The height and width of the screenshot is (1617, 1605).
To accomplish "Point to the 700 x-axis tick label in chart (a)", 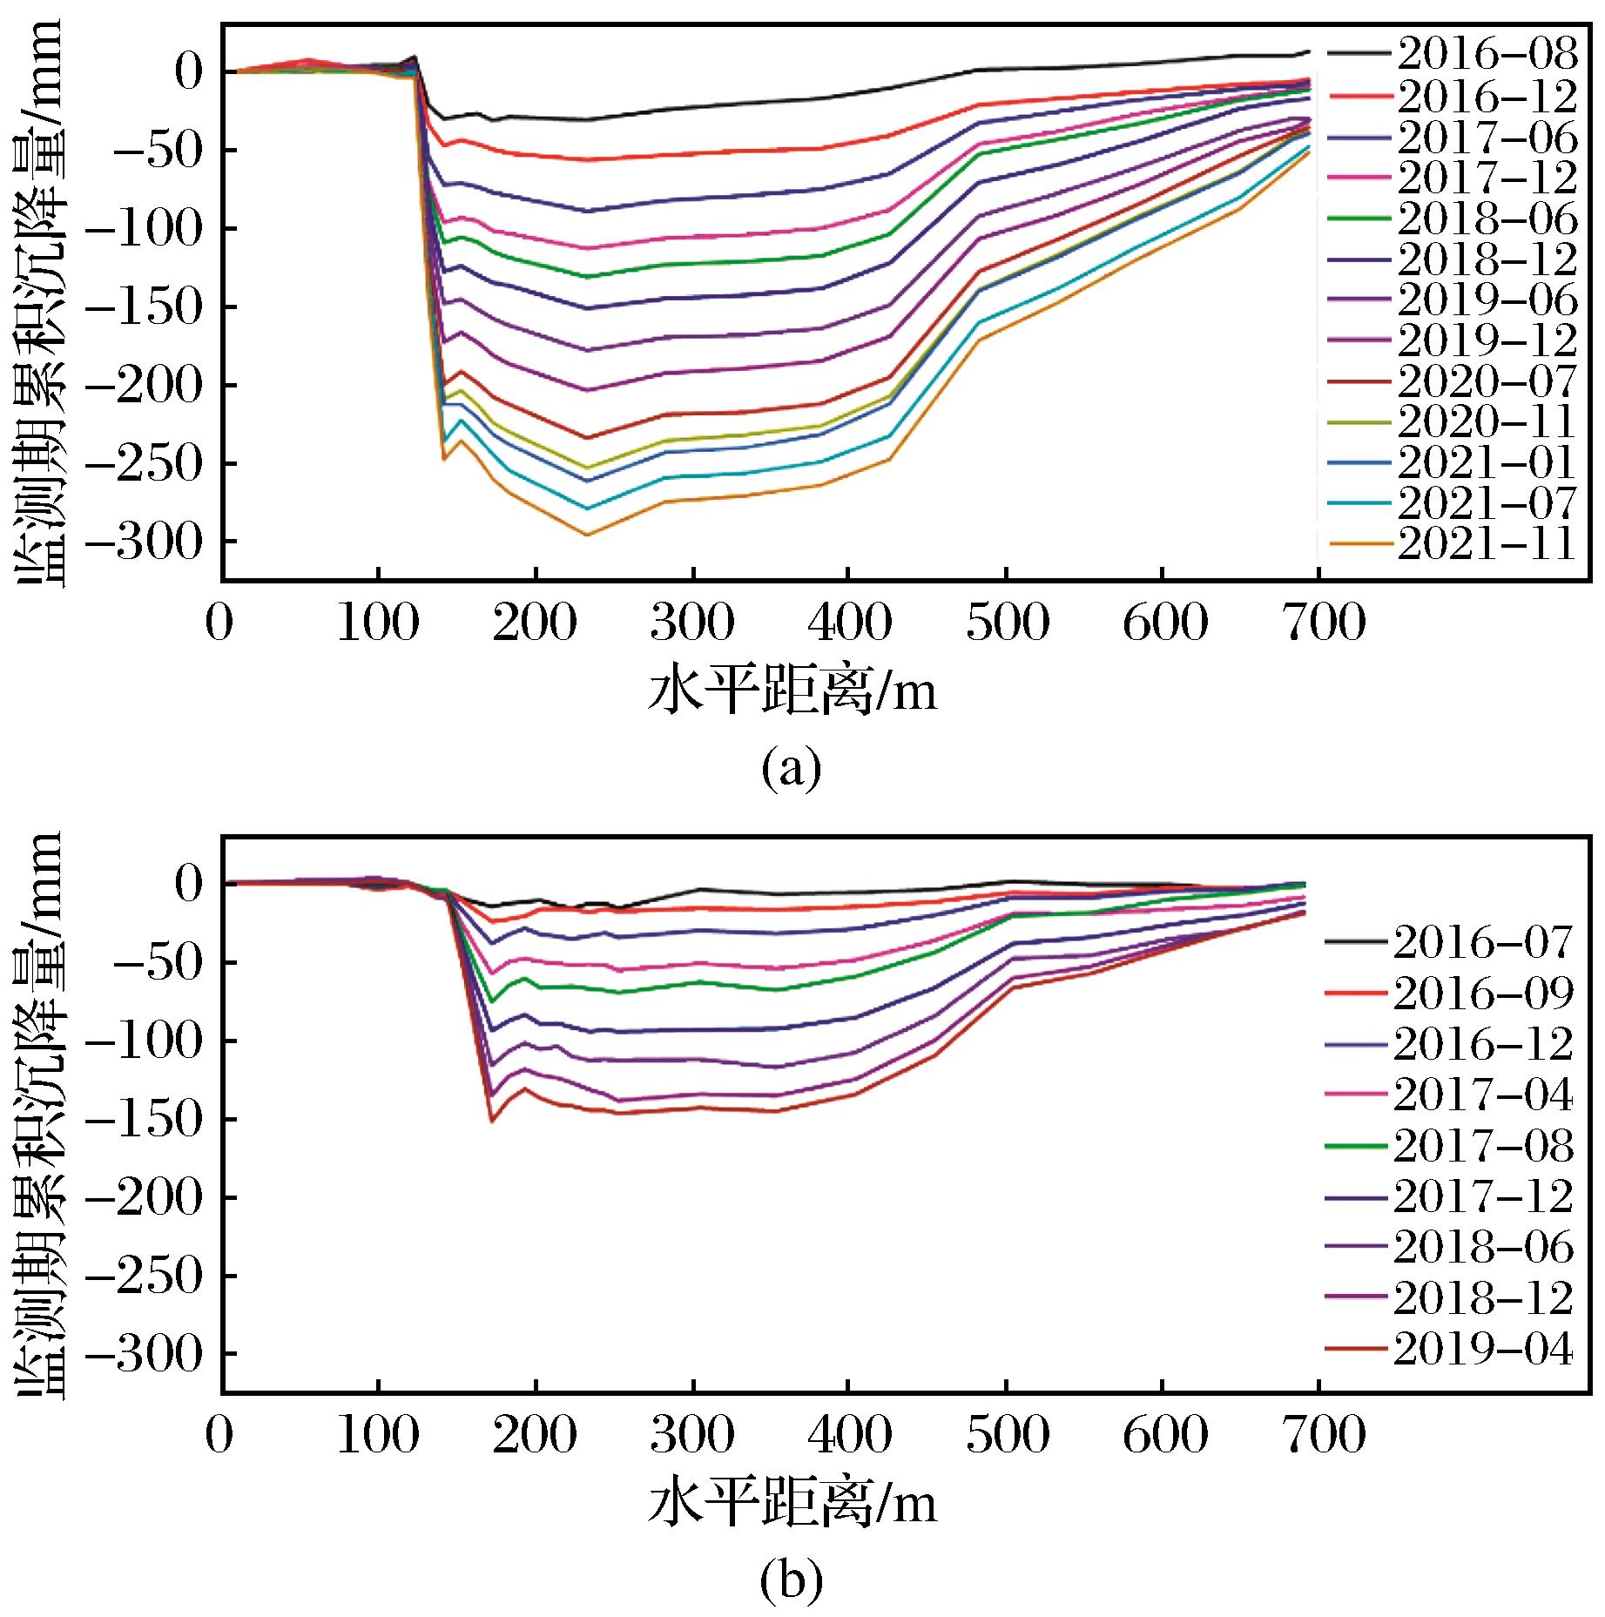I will pos(1320,624).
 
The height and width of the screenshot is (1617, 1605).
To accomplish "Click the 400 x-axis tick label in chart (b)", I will pos(848,1435).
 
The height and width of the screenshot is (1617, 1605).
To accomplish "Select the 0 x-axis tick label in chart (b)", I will pos(220,1435).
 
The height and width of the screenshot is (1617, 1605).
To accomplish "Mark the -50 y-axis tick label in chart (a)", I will pos(157,150).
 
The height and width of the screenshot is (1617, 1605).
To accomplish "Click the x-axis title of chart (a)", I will pos(792,694).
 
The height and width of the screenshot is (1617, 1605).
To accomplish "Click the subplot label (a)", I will pos(791,768).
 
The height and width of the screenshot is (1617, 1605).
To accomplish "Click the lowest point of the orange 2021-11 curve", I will pos(587,535).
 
